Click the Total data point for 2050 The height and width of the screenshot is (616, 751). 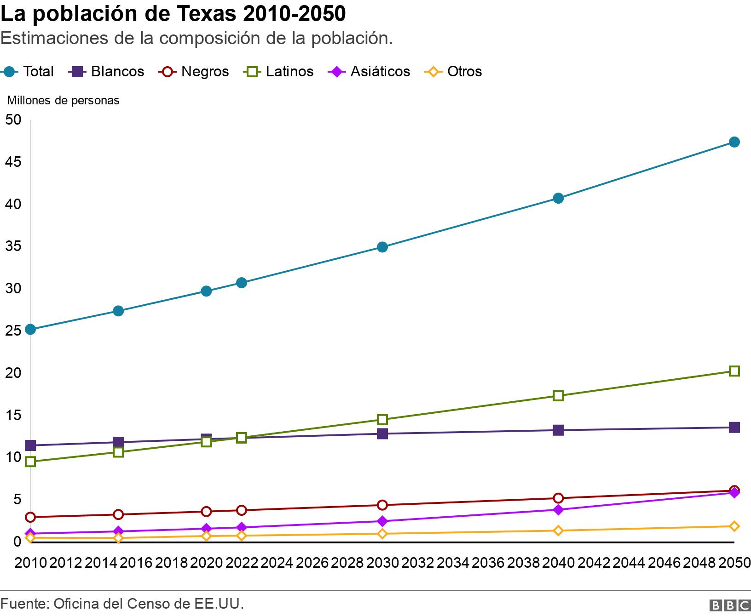pyautogui.click(x=734, y=142)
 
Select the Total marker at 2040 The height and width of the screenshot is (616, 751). pyautogui.click(x=558, y=198)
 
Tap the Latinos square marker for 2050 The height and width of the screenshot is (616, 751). pyautogui.click(x=734, y=371)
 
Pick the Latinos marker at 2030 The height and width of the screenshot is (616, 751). pyautogui.click(x=382, y=419)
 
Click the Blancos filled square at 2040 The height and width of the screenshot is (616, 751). pyautogui.click(x=558, y=430)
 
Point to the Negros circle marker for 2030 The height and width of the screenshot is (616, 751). pyautogui.click(x=382, y=505)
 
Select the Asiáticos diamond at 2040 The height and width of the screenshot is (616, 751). pyautogui.click(x=558, y=510)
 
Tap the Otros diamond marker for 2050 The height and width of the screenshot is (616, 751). pyautogui.click(x=734, y=526)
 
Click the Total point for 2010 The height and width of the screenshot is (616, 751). pyautogui.click(x=30, y=329)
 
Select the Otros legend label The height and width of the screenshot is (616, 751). pyautogui.click(x=464, y=72)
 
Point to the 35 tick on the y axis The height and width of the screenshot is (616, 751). pyautogui.click(x=13, y=246)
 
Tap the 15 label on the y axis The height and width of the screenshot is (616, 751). pyautogui.click(x=13, y=415)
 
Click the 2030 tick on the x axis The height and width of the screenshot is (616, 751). pyautogui.click(x=382, y=563)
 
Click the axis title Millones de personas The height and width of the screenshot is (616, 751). pyautogui.click(x=63, y=100)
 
